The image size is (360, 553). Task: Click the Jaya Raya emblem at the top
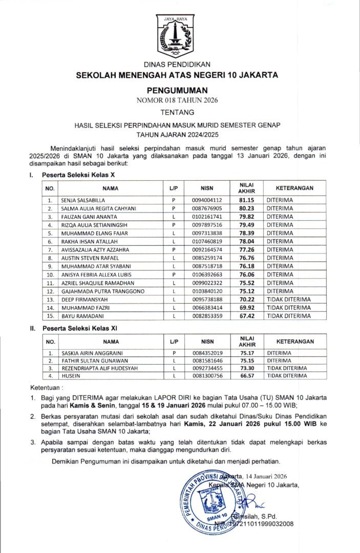pyautogui.click(x=176, y=36)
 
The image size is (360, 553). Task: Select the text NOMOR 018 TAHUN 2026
pyautogui.click(x=177, y=100)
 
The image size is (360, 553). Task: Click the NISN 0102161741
pyautogui.click(x=207, y=217)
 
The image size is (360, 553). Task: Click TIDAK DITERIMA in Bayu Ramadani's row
pyautogui.click(x=288, y=316)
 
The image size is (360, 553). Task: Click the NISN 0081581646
pyautogui.click(x=207, y=360)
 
